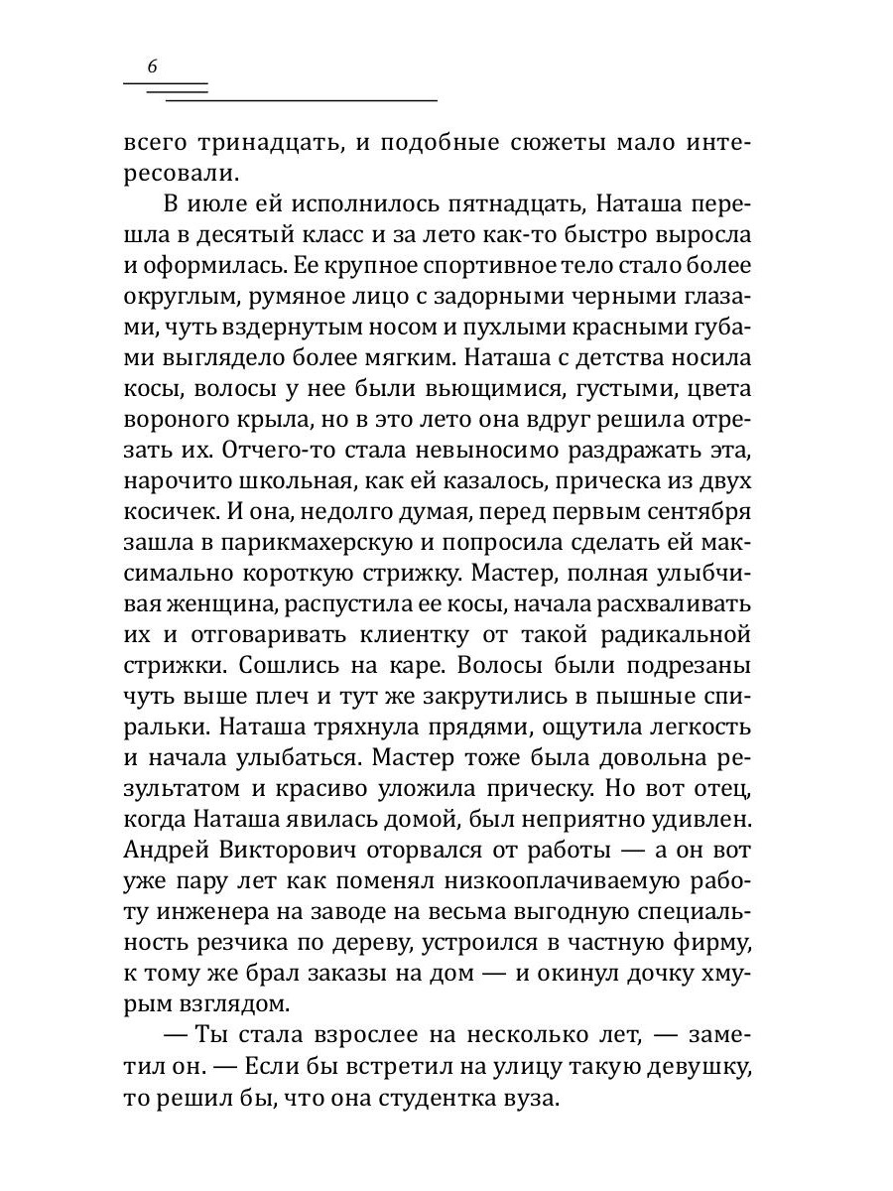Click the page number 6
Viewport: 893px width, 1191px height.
point(151,67)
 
